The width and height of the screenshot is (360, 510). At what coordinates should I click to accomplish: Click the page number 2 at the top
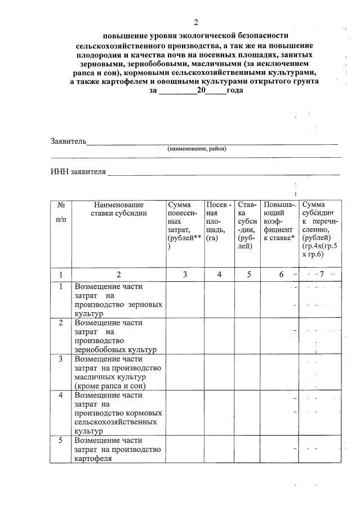tap(196, 23)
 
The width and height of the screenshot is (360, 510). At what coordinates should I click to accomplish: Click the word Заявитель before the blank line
tap(68, 141)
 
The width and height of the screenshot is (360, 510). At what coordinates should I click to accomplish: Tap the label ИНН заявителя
tap(78, 172)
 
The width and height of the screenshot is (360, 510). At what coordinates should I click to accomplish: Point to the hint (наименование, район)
tap(197, 149)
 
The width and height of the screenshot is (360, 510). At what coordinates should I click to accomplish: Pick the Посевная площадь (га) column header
tap(219, 221)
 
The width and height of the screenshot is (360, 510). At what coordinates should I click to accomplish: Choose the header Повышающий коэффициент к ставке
tap(279, 221)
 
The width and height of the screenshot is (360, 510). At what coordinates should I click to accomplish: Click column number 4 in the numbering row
tap(219, 274)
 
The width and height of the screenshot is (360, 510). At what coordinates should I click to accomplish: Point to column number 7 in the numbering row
tap(321, 274)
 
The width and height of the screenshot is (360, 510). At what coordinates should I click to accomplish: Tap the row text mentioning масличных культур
tap(118, 372)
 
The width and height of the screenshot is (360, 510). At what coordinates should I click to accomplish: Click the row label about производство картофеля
tap(118, 449)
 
